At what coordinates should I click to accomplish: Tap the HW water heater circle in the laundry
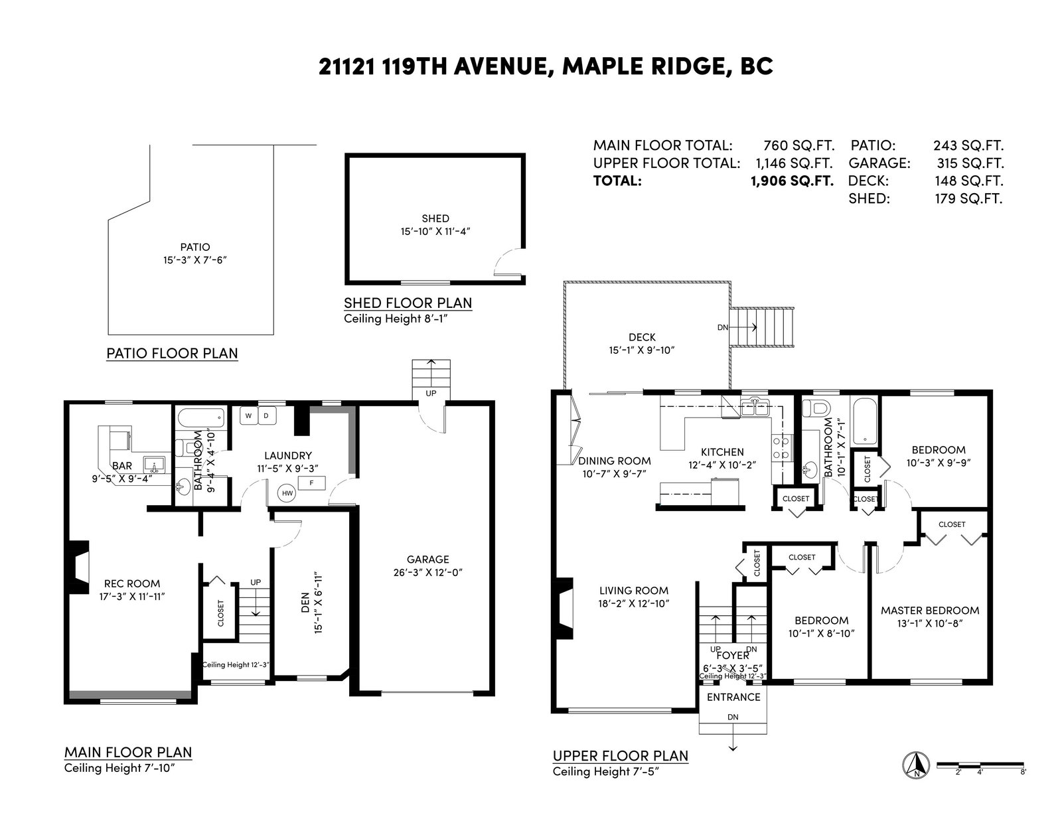(x=287, y=493)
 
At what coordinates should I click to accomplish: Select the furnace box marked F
(x=311, y=483)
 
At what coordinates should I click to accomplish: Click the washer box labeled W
(x=249, y=416)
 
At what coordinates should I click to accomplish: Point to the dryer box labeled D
(x=267, y=416)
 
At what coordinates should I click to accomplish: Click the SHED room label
(x=435, y=218)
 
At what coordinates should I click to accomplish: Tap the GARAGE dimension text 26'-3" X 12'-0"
(x=427, y=572)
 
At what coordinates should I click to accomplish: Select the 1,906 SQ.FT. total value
(x=793, y=181)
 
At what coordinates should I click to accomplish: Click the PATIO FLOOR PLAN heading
(x=172, y=353)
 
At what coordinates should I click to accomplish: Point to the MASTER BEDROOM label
(x=930, y=611)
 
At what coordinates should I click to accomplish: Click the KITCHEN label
(x=722, y=452)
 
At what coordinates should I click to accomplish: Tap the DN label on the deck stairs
(x=723, y=327)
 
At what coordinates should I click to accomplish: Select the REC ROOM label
(x=132, y=583)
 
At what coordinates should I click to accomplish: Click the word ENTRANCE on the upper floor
(x=733, y=698)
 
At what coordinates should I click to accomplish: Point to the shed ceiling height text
(x=396, y=319)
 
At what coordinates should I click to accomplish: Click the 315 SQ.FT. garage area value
(x=970, y=163)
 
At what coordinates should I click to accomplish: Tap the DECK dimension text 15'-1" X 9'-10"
(x=642, y=350)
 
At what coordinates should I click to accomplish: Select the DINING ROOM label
(x=615, y=461)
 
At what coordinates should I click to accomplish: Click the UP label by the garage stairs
(x=431, y=393)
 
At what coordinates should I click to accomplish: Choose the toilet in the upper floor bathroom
(x=816, y=407)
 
